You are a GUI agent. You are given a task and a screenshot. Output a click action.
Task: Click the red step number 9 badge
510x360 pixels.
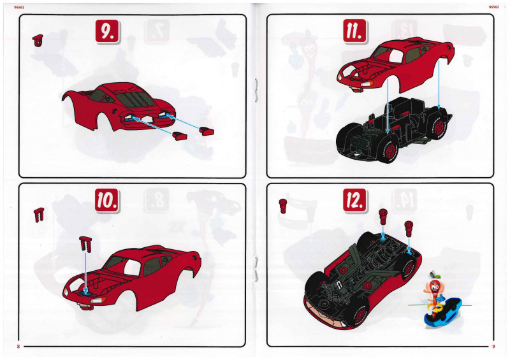click(108, 31)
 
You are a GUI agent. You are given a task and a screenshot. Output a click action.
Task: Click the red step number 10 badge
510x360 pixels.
click(107, 201)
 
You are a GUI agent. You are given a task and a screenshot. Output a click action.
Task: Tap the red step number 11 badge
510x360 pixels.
click(355, 31)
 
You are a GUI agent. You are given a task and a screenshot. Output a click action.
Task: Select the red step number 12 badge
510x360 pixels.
click(355, 201)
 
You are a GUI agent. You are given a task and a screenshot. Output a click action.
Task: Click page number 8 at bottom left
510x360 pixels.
click(18, 347)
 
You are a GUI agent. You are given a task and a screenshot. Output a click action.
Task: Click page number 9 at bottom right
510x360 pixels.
click(493, 347)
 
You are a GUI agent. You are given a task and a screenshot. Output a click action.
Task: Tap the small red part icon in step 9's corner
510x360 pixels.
click(38, 40)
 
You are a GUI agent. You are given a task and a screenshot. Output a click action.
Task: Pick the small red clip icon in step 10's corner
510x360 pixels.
click(39, 215)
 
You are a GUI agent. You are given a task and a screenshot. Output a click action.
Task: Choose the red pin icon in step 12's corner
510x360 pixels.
click(283, 206)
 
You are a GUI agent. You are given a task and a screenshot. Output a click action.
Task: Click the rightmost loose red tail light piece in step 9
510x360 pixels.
click(207, 131)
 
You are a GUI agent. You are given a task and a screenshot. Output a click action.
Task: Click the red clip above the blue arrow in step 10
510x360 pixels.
click(85, 244)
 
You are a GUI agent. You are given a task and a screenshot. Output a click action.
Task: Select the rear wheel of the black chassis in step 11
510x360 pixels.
click(438, 124)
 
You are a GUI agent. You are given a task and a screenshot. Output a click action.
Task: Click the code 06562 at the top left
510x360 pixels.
click(19, 7)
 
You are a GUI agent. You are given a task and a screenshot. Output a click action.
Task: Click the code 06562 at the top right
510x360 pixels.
click(493, 7)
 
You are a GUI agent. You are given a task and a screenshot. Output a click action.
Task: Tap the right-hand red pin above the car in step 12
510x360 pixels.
click(409, 229)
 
